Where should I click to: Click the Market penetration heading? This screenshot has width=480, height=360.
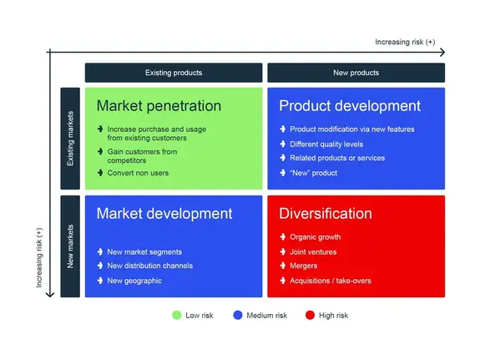pos(159,106)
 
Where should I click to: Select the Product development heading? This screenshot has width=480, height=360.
pos(349,106)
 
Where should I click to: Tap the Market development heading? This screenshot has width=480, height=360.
pos(164,213)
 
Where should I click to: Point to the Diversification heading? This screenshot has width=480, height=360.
pos(326,213)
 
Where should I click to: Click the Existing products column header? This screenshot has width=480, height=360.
pos(173,73)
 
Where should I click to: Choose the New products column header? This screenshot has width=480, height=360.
pos(356,73)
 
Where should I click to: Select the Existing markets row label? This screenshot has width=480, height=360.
pos(70,139)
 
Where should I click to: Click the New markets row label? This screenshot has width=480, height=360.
pos(70,246)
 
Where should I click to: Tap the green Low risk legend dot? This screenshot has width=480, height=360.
pos(176,315)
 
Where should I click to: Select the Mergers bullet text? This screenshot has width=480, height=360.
pos(304,266)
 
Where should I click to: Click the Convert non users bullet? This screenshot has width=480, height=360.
pos(137,173)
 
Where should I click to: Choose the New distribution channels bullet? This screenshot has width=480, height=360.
pos(150,266)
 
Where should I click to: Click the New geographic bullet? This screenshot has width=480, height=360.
pos(134,281)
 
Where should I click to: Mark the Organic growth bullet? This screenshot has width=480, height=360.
pos(315,237)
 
